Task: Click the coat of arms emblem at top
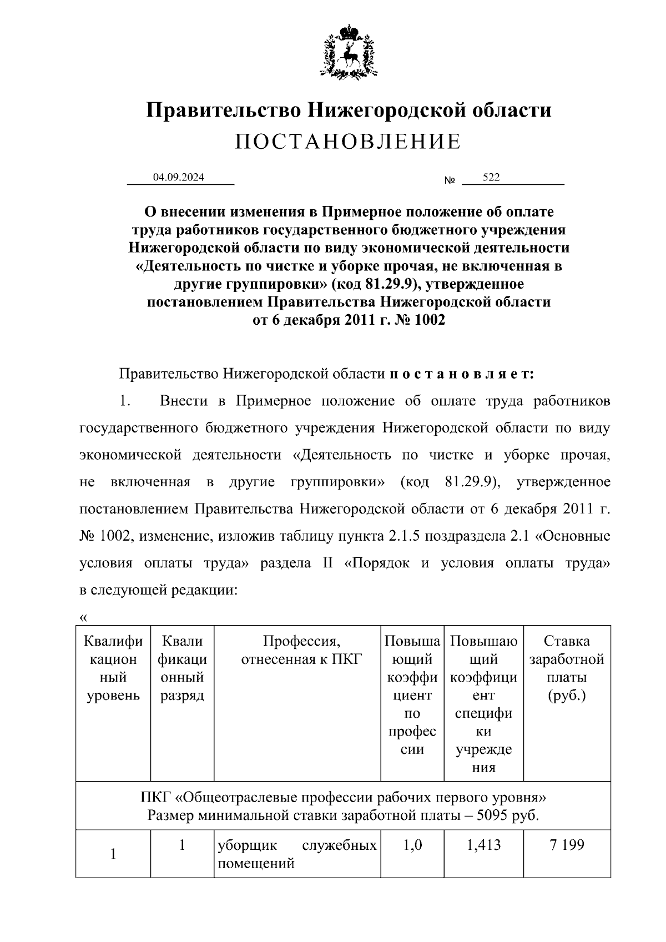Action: click(x=348, y=51)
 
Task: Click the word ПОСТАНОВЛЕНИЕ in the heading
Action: click(x=348, y=142)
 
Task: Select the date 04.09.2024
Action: click(x=179, y=178)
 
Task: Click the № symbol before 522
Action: click(x=450, y=181)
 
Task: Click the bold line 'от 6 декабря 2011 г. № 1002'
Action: click(x=349, y=320)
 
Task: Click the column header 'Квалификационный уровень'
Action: click(x=113, y=668)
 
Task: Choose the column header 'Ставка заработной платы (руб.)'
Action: click(x=566, y=668)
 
